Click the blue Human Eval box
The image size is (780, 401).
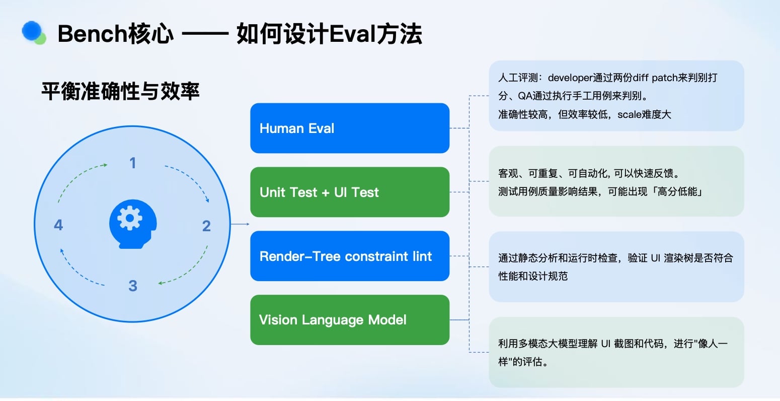[350, 128]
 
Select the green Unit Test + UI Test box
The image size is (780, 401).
[350, 192]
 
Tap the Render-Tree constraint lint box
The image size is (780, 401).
[350, 256]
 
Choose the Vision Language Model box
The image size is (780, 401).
[350, 320]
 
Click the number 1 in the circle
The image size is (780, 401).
[133, 163]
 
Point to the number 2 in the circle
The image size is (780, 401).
[206, 226]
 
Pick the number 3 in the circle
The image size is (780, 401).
[133, 286]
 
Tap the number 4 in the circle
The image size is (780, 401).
[58, 225]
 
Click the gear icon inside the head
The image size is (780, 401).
[129, 218]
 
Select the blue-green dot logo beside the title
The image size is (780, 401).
[34, 33]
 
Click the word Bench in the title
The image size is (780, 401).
[92, 34]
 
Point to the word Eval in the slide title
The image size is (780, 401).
[352, 34]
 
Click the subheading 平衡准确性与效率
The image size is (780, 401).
[120, 91]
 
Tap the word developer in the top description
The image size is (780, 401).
[570, 78]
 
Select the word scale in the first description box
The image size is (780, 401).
[629, 114]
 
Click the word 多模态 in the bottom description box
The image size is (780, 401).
[533, 344]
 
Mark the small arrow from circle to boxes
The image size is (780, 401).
[240, 224]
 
